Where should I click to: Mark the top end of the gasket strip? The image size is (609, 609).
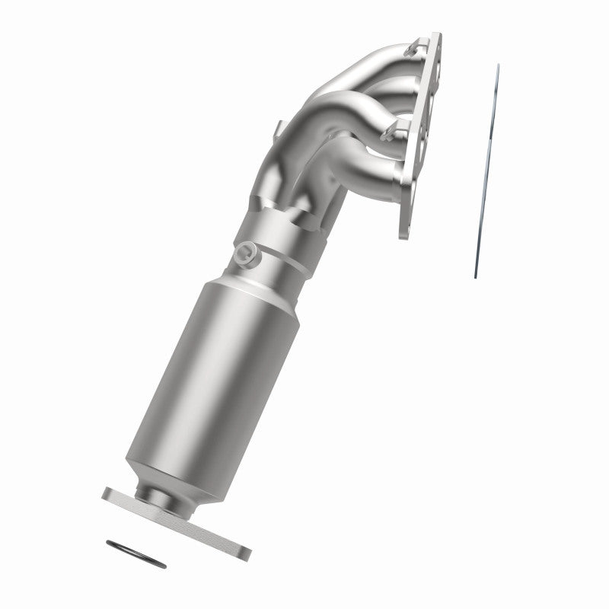(x=498, y=67)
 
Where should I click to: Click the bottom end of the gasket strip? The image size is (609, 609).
(x=476, y=276)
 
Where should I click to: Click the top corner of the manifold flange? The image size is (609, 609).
(x=437, y=37)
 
